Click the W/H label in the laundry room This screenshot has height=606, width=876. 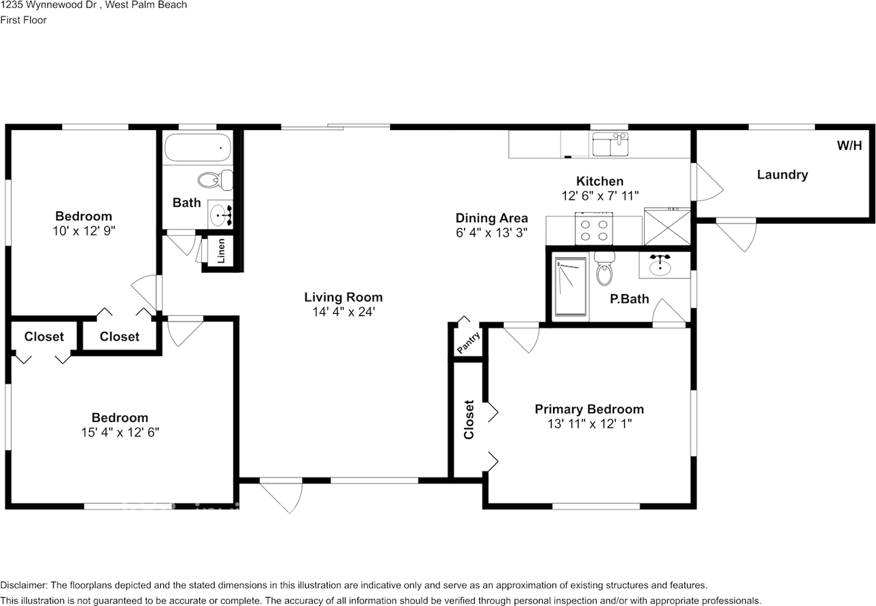pyautogui.click(x=849, y=146)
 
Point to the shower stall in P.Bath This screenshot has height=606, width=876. pyautogui.click(x=571, y=287)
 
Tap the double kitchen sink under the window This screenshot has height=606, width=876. pyautogui.click(x=610, y=146)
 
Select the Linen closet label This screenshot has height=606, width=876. pyautogui.click(x=222, y=252)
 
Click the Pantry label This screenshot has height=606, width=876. pyautogui.click(x=469, y=342)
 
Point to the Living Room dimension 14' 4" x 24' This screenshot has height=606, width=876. pyautogui.click(x=343, y=312)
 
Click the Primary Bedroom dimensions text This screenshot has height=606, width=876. pyautogui.click(x=589, y=424)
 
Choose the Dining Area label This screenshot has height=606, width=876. pyautogui.click(x=491, y=218)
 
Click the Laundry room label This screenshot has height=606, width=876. pyautogui.click(x=782, y=174)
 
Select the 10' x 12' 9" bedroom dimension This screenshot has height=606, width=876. pyautogui.click(x=83, y=231)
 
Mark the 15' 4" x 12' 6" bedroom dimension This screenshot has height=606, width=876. pyautogui.click(x=120, y=432)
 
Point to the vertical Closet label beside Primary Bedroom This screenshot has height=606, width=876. pyautogui.click(x=469, y=419)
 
